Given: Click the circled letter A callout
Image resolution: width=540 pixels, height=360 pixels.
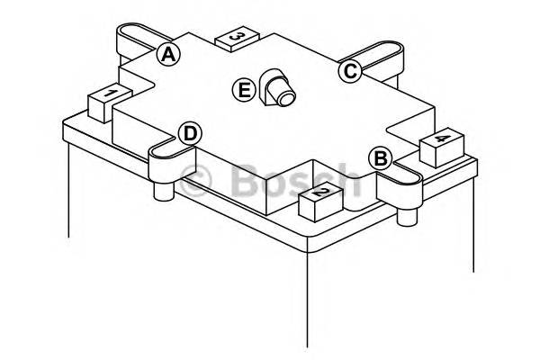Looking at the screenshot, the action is [x=168, y=55].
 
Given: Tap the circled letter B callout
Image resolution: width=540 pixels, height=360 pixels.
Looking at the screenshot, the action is [x=380, y=158].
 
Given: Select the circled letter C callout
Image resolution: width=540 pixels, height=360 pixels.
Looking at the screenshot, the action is [x=350, y=71].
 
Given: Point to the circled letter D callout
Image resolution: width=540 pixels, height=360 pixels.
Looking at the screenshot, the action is [x=190, y=134].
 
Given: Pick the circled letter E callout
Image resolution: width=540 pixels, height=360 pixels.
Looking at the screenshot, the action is [x=244, y=90].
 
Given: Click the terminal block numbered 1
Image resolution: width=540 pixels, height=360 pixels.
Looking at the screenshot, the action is [x=110, y=103].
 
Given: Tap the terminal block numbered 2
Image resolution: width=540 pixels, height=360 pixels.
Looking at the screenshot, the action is [x=321, y=204].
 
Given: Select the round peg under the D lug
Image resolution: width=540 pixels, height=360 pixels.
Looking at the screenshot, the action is [x=164, y=191].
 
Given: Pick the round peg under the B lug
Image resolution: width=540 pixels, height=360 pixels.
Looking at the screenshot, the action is [x=408, y=216].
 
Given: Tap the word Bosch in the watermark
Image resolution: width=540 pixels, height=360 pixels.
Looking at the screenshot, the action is [x=295, y=179].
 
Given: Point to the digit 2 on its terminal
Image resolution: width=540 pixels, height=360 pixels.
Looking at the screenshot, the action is [x=322, y=193].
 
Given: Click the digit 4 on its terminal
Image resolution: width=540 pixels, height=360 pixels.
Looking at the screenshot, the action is [x=442, y=139].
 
